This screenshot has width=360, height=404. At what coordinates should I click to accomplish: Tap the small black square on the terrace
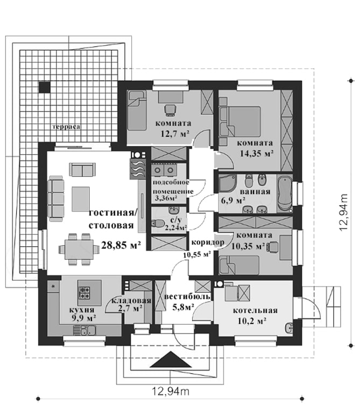pyautogui.click(x=44, y=87)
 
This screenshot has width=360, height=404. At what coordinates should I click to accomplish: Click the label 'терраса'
pyautogui.click(x=66, y=127)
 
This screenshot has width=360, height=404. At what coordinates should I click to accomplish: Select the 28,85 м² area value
pyautogui.click(x=121, y=245)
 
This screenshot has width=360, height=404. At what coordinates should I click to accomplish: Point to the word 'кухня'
pyautogui.click(x=82, y=309)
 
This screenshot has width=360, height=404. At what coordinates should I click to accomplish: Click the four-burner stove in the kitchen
pyautogui.click(x=84, y=292)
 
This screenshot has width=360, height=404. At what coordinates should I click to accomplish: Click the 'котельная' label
pyautogui.click(x=255, y=310)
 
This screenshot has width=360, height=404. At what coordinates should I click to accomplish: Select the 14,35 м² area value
pyautogui.click(x=257, y=154)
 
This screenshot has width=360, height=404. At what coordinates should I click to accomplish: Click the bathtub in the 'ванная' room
pyautogui.click(x=285, y=193)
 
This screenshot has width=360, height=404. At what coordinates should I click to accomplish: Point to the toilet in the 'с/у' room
pyautogui.click(x=157, y=224)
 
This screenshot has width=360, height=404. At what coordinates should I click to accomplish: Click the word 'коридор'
pyautogui.click(x=208, y=243)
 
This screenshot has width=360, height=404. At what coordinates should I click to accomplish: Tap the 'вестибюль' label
pyautogui.click(x=187, y=297)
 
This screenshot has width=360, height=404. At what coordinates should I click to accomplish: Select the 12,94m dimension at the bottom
pyautogui.click(x=171, y=392)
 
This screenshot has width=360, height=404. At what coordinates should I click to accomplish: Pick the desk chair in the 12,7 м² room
pyautogui.click(x=170, y=109)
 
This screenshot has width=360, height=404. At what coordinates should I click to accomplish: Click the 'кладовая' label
pyautogui.click(x=131, y=301)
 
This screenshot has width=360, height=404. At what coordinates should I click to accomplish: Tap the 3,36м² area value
pyautogui.click(x=166, y=198)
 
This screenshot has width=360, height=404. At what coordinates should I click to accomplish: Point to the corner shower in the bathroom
pyautogui.click(x=228, y=184)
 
